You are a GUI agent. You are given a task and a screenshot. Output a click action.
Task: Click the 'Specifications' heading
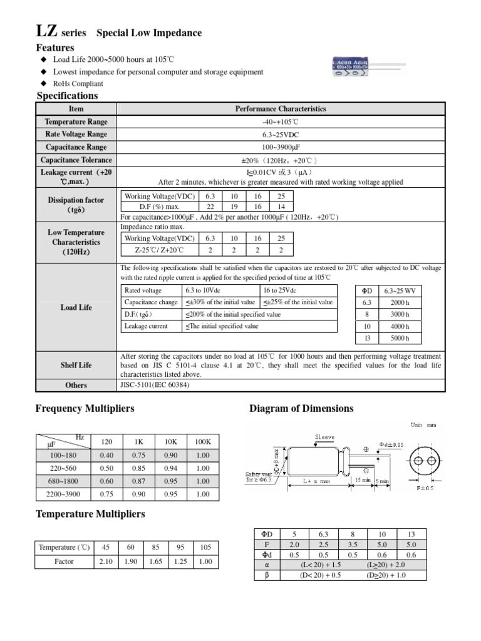pos(68,96)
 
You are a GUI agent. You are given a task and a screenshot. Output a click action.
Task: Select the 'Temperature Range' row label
pos(76,122)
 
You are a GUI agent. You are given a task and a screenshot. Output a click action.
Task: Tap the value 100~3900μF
pos(281,147)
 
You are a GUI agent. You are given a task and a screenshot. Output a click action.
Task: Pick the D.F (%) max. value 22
pos(210,207)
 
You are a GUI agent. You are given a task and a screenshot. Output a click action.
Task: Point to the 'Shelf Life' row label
pos(76,365)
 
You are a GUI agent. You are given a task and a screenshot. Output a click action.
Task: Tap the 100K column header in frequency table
pos(202,442)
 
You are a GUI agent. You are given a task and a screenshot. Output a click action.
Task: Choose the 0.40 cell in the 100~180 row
pos(106,455)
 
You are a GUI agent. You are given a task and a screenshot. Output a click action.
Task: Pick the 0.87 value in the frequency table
pos(138,481)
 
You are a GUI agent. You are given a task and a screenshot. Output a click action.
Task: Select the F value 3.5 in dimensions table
pos(352,545)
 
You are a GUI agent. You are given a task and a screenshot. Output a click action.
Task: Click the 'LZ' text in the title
pos(47,32)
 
